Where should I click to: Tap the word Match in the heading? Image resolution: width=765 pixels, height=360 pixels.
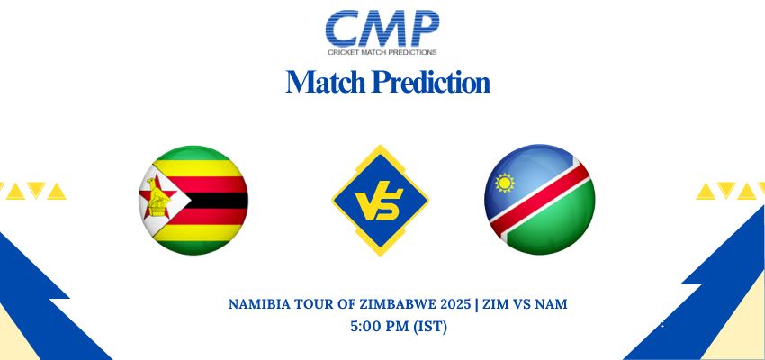tap(326, 82)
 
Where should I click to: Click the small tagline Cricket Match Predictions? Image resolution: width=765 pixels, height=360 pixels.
tap(382, 51)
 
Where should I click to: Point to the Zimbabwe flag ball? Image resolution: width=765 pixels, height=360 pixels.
tap(193, 200)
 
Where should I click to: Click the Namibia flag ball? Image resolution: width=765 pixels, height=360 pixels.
tap(540, 200)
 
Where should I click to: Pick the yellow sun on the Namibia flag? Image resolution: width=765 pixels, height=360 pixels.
tap(505, 183)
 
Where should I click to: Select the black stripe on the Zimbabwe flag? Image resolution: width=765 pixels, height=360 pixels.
tap(215, 201)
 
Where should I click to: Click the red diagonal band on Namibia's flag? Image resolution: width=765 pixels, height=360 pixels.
tap(540, 200)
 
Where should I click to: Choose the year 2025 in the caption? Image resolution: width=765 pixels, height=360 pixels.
tap(457, 304)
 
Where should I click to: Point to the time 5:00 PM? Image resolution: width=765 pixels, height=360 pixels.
tap(380, 327)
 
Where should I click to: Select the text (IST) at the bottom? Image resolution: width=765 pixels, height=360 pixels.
tap(430, 327)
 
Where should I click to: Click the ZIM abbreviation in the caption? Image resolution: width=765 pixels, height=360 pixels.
tap(496, 304)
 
